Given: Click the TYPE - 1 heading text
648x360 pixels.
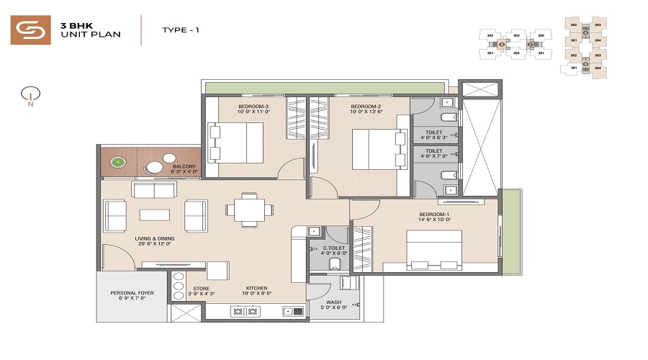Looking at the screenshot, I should click(x=180, y=30).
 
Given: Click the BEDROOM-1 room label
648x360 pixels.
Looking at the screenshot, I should click(x=434, y=215).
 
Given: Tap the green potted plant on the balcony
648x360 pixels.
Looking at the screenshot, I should click(x=117, y=163).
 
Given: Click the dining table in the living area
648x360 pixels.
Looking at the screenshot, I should click(x=249, y=210).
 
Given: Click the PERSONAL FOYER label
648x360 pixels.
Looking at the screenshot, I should click(x=132, y=293).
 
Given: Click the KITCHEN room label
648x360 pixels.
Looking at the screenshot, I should click(x=257, y=287).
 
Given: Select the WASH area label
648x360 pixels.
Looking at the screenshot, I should click(x=333, y=302).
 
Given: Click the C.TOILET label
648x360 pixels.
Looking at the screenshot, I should click(x=333, y=248).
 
